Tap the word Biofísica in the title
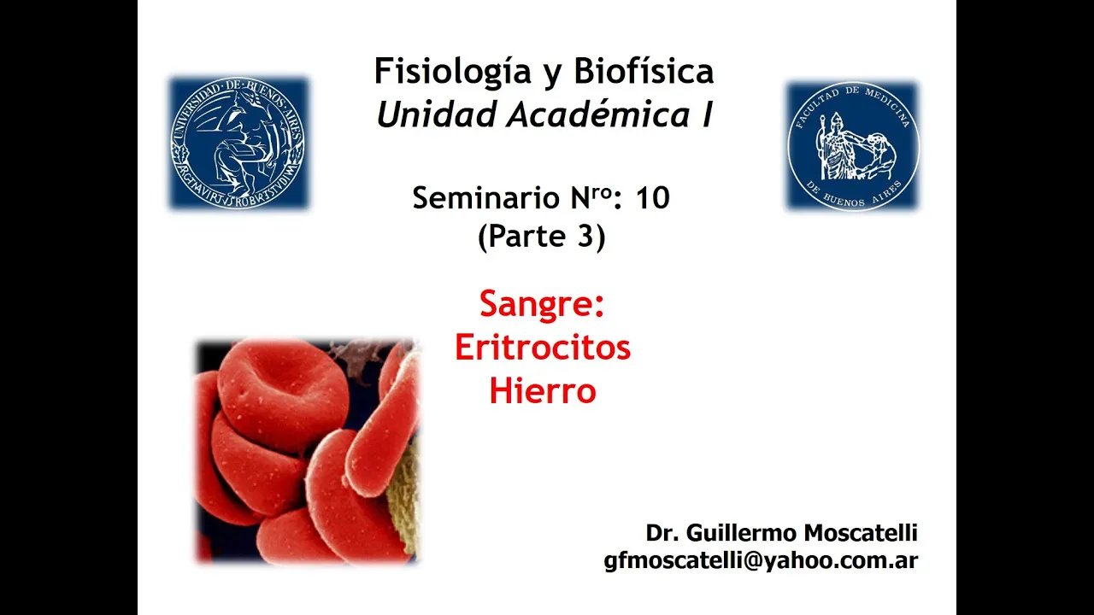644,70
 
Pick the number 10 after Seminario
652,198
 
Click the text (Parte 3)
542,237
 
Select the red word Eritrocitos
543,347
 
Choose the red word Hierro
543,391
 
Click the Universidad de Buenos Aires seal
238,143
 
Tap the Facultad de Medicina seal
853,146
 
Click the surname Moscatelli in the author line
861,532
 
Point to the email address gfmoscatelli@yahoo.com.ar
761,560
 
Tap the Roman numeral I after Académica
706,114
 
